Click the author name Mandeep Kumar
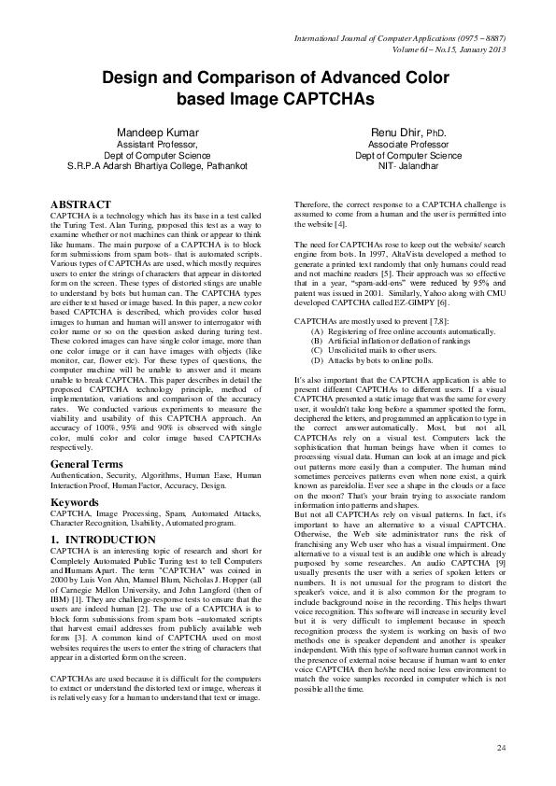tap(157, 133)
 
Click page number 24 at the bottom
tap(501, 747)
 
